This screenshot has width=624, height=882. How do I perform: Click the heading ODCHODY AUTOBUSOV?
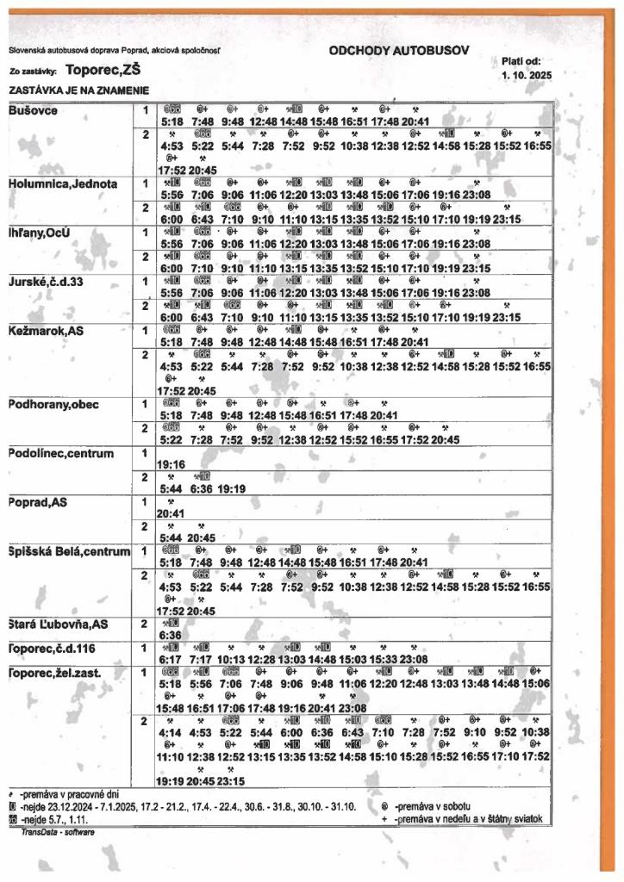[399, 51]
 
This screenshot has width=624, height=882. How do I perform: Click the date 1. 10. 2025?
[525, 75]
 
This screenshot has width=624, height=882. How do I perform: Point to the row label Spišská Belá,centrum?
[69, 550]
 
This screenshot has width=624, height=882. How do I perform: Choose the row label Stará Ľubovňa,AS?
[58, 623]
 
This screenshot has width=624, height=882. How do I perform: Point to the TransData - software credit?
[58, 832]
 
